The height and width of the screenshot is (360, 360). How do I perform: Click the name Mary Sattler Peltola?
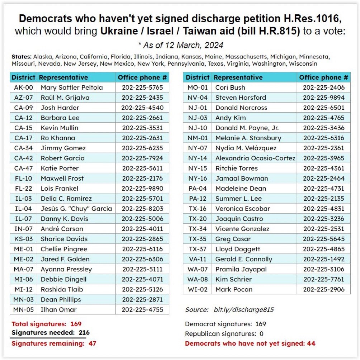[72, 87]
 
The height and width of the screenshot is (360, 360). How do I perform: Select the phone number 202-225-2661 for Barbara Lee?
[142, 118]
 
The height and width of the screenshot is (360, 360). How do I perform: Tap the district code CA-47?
[24, 168]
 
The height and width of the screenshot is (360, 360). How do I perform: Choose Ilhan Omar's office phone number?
[142, 309]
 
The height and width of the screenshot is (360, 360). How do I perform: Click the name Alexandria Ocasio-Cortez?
[255, 158]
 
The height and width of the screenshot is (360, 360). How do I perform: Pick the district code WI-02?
[197, 289]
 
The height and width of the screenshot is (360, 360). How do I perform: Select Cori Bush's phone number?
[323, 87]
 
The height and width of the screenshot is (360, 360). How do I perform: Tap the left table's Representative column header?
[63, 77]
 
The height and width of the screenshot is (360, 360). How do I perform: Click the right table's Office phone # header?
[323, 77]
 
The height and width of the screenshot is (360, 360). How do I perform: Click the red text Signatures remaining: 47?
[54, 344]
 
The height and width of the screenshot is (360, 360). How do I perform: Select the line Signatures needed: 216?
[51, 333]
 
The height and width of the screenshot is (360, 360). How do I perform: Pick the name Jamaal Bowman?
[242, 178]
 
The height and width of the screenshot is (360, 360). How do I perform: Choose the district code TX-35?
[197, 239]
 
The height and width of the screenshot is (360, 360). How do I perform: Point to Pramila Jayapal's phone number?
[323, 269]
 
